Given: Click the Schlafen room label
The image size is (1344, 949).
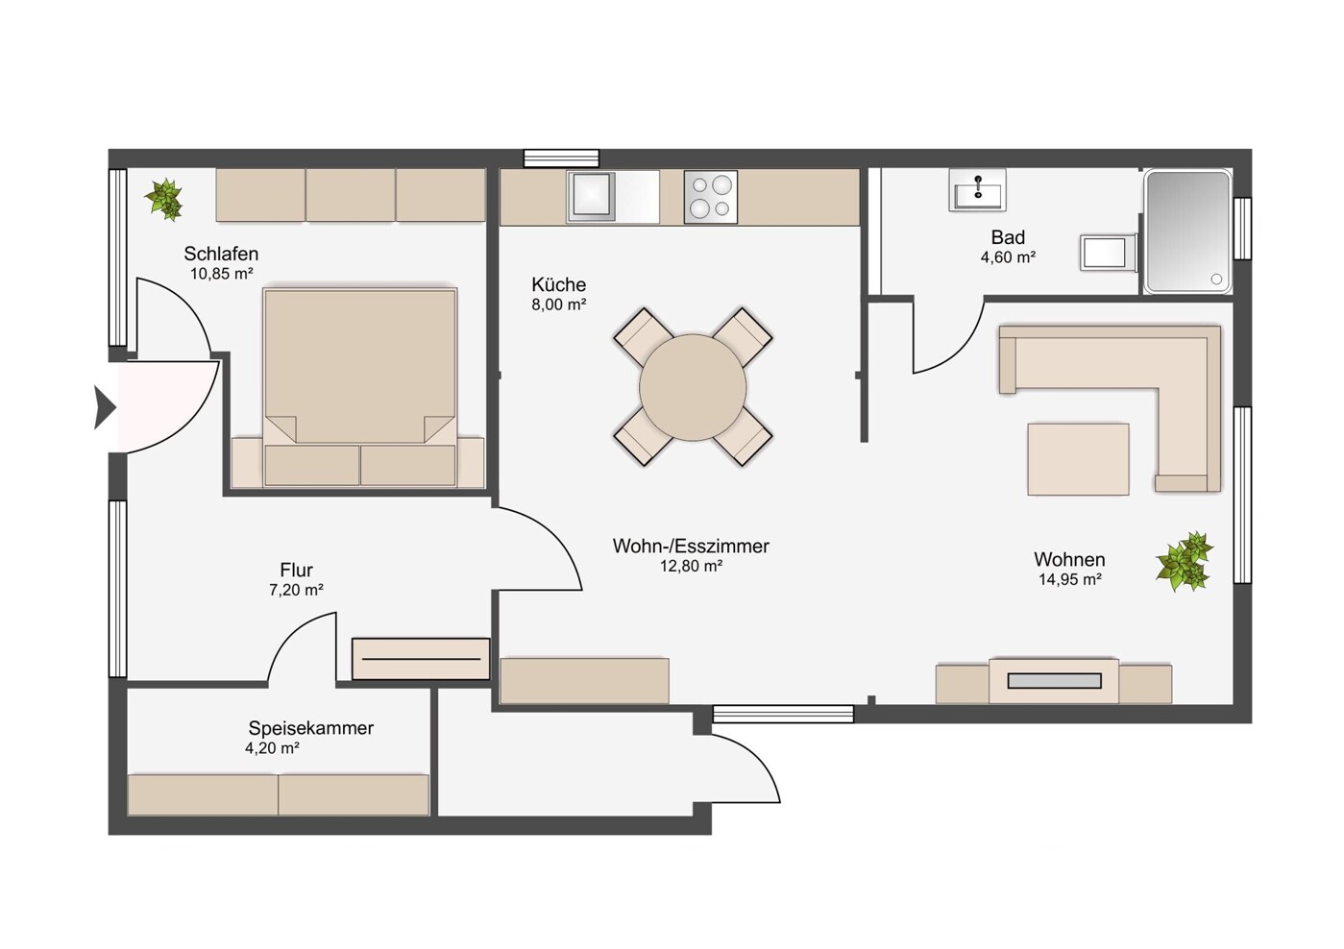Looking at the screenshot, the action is [x=221, y=254].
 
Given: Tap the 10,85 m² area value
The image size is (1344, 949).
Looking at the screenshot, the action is [x=221, y=274].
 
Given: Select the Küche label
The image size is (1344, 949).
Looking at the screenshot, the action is [x=558, y=284].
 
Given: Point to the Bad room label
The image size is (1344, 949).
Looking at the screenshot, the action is [x=1008, y=237].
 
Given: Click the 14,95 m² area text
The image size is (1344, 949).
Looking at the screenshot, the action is [x=1070, y=579].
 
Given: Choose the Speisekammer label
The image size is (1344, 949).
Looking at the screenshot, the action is [x=311, y=728].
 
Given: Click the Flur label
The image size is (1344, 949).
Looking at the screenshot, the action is [x=297, y=570].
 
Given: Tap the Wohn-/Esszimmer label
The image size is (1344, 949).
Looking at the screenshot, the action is [x=691, y=546].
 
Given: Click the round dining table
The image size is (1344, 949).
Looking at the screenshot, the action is [x=693, y=388].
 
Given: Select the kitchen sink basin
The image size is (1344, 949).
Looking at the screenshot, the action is [x=592, y=194].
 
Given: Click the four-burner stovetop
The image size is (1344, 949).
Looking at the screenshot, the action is [x=710, y=197].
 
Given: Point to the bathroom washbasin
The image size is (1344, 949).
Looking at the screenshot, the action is [x=977, y=190].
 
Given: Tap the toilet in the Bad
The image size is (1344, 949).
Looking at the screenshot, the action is [x=1109, y=253].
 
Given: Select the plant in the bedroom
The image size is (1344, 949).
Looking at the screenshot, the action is [x=164, y=199].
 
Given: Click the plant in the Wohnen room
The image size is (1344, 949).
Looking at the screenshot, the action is [x=1184, y=561].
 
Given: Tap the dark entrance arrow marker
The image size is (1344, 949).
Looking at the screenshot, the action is [x=104, y=408].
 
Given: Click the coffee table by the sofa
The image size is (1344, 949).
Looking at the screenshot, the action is [x=1078, y=459].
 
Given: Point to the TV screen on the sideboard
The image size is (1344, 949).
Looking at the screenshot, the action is [x=1054, y=680].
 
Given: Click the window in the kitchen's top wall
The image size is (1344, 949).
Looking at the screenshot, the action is [x=561, y=158].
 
